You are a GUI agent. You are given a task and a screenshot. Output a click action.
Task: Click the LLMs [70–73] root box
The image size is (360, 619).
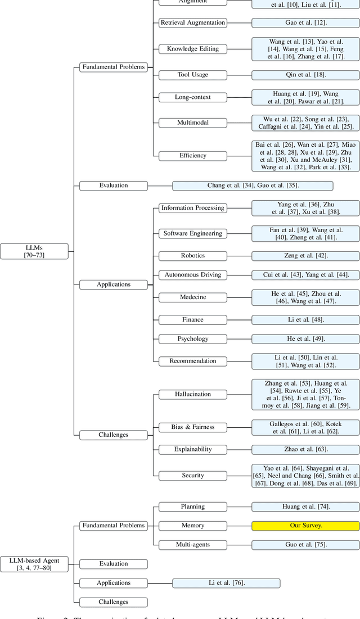34,251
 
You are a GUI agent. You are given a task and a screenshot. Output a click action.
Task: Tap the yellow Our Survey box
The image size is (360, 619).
305,526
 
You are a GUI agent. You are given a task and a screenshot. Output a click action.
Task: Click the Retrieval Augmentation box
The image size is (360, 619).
192,23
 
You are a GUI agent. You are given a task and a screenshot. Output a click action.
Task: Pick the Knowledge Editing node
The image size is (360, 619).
192,49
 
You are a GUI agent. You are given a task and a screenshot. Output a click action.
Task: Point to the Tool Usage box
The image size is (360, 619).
192,75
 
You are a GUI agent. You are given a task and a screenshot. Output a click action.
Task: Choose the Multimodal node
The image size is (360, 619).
192,123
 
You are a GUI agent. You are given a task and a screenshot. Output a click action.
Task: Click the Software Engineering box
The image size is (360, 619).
192,233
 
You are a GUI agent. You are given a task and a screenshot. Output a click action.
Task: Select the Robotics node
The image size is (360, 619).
192,255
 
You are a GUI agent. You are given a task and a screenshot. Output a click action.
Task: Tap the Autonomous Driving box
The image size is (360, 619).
192,275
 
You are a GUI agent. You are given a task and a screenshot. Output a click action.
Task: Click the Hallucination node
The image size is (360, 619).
192,394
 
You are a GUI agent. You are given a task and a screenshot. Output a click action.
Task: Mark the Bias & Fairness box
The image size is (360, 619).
192,427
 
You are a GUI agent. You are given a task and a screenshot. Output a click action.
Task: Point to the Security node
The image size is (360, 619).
192,476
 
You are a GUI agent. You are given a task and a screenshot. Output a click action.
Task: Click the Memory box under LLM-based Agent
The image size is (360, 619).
192,526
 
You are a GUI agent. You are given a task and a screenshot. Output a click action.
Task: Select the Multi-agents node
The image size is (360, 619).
192,545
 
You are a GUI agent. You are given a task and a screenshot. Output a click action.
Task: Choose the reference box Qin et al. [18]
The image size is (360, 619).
305,75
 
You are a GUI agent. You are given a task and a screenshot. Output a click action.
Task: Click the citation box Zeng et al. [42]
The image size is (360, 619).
305,255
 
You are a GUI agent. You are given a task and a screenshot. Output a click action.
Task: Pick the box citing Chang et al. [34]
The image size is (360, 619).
253,186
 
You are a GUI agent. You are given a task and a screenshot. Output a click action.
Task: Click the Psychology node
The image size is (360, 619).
192,339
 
